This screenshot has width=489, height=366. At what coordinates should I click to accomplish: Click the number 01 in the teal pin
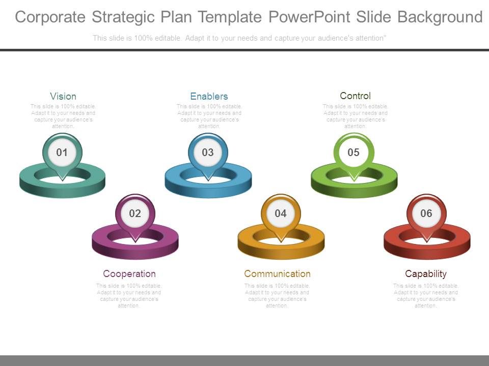point(62,152)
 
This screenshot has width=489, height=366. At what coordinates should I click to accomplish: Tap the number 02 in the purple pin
point(135,213)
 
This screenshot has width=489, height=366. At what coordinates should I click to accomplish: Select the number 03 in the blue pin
point(208,152)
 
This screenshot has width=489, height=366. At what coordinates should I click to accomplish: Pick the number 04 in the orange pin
point(281,213)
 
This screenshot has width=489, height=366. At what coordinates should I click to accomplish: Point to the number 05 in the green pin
point(354,152)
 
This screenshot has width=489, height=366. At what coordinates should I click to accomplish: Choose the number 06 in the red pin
point(426,213)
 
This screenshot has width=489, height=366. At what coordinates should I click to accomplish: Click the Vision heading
point(63,96)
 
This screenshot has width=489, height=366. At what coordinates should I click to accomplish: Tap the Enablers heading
point(209,96)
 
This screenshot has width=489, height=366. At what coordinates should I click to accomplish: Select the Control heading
point(355,96)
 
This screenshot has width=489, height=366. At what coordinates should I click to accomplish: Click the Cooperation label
point(129,273)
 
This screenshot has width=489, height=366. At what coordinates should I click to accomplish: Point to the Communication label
point(277,273)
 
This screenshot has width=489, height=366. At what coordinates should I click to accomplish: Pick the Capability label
point(426,273)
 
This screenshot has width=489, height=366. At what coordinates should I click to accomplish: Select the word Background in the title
point(440,17)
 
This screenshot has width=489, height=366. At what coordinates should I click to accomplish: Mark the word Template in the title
point(229,17)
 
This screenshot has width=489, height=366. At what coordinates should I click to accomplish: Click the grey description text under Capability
point(426,296)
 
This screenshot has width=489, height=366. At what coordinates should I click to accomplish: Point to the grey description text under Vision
point(63,116)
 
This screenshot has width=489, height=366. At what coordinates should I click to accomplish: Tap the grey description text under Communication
point(277,296)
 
